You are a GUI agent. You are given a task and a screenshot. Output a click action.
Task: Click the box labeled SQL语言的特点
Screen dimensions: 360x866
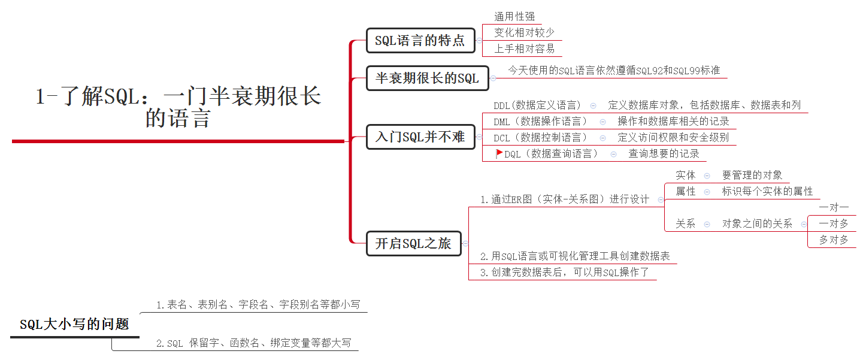pos(420,41)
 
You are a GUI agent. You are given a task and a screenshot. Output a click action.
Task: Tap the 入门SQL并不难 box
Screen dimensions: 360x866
pos(420,137)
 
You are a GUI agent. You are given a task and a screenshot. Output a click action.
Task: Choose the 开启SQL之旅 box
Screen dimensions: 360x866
pos(413,243)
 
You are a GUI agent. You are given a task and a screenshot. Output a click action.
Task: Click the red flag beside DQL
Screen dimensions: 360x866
pos(499,153)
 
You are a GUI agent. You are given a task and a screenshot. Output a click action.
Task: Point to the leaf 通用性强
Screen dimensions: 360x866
pos(514,17)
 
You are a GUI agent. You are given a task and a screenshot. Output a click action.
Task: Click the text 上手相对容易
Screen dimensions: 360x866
pos(524,49)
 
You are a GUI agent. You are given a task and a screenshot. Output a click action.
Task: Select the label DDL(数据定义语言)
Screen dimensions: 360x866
pos(537,105)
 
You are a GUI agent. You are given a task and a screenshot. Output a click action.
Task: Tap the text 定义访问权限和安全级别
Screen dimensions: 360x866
pos(673,138)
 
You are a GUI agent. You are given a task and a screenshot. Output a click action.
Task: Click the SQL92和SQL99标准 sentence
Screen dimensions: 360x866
pos(614,71)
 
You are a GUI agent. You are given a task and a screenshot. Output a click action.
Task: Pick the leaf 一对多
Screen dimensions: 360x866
pos(834,223)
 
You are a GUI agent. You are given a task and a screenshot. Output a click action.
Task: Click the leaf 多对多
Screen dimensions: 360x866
pos(834,240)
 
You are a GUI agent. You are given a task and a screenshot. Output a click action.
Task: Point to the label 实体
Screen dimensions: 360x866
pos(686,176)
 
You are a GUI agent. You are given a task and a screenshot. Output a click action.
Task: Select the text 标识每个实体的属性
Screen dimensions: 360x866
pos(767,192)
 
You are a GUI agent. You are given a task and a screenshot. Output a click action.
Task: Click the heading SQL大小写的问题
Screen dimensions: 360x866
pos(74,325)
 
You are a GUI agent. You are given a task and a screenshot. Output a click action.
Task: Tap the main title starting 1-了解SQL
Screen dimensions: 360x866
pos(178,106)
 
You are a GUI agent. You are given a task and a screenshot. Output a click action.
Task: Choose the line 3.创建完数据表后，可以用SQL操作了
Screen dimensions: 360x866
pos(564,273)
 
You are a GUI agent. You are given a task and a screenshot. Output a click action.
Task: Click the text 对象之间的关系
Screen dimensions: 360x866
pos(757,224)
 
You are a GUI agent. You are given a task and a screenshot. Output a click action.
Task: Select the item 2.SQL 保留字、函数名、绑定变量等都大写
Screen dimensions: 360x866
pos(253,343)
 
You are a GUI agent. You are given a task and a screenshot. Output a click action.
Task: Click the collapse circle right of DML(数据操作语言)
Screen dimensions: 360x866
pos(602,122)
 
